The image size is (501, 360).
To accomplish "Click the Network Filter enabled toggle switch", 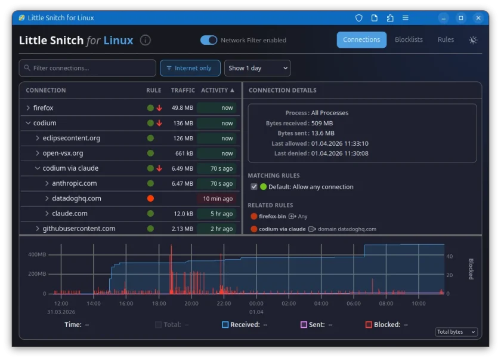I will pos(209,40).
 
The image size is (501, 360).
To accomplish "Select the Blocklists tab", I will pos(409,40).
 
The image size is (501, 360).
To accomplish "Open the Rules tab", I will pos(446,40).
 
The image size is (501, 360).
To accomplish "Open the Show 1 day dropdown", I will pos(258,68).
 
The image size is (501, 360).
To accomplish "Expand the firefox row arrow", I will pos(28,108).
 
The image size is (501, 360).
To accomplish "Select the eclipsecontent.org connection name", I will pos(72,139).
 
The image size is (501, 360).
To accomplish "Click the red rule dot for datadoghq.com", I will pos(150,199).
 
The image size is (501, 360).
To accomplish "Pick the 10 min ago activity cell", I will pos(217,199).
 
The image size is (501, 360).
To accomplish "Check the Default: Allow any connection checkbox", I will pos(254,187).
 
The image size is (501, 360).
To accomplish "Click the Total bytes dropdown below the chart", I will pos(456,332).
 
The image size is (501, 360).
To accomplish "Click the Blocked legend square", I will pos(369,325).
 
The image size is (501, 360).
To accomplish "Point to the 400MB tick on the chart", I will pos(36,254).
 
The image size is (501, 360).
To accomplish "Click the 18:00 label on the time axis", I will pos(159,303).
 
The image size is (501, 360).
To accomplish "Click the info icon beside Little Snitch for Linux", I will pos(146,41).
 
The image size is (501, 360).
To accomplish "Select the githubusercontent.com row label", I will pos(79,229).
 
